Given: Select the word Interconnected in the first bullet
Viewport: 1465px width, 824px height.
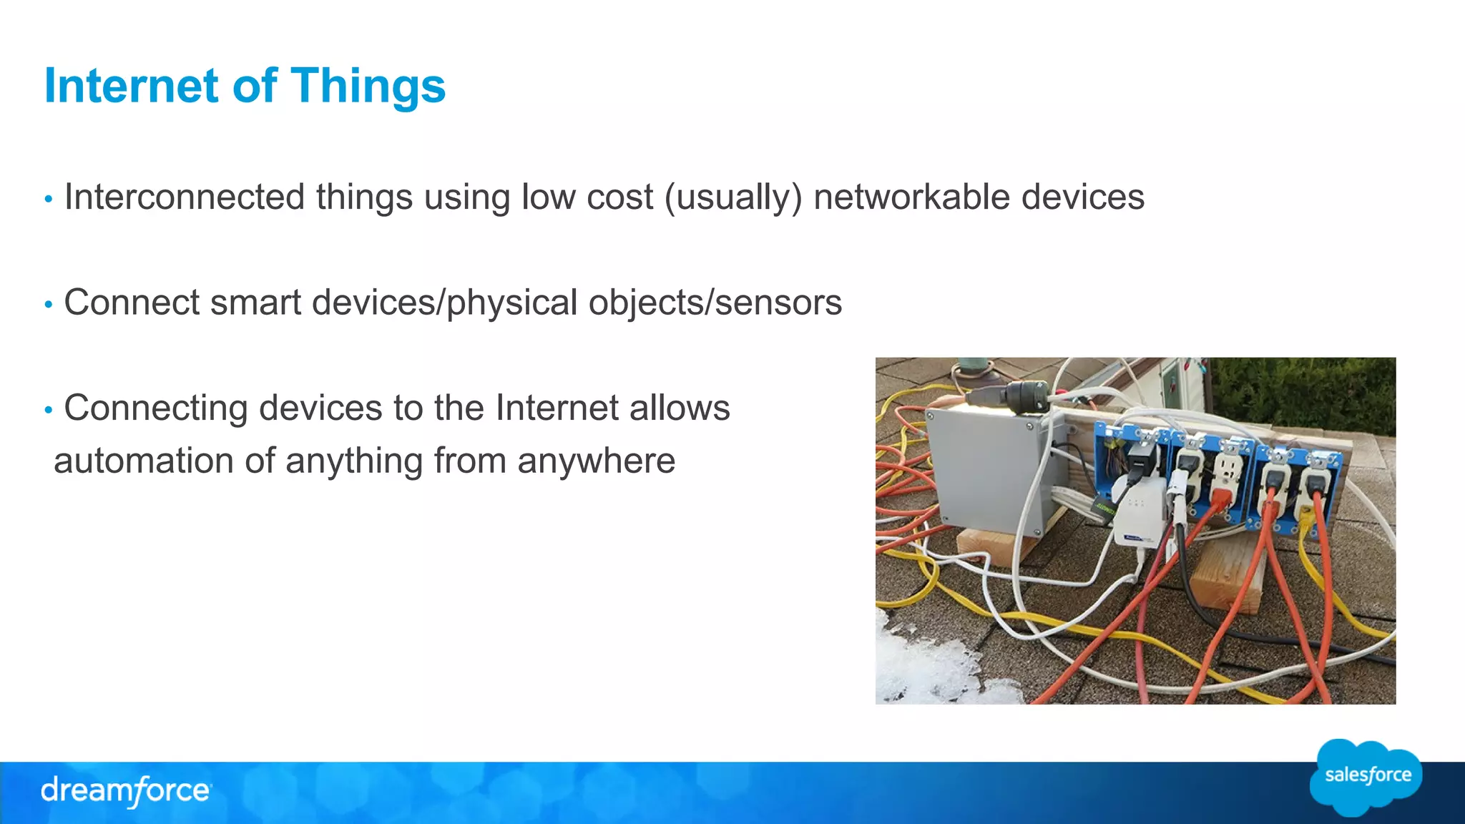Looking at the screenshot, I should [x=185, y=197].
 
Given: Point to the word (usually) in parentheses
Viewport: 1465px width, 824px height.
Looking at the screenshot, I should [x=733, y=198].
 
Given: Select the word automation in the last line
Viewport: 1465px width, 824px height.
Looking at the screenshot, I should [x=144, y=461].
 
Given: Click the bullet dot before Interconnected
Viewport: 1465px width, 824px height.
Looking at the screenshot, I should [x=49, y=199].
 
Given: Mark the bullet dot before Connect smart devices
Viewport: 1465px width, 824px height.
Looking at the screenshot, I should [x=49, y=305].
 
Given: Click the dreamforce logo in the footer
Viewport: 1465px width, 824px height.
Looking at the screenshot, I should [x=126, y=791].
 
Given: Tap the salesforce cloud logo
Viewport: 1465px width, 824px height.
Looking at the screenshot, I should [x=1367, y=776].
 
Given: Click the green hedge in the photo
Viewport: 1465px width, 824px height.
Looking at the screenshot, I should [x=1309, y=393].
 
